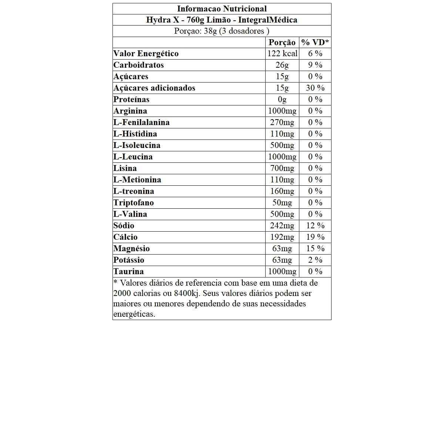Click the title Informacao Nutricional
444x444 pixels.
[222, 9]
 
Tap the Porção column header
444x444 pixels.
[282, 43]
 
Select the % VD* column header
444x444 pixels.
[315, 43]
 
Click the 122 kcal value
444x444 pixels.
[282, 54]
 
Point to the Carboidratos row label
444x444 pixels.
[139, 65]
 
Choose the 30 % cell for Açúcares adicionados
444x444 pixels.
[315, 88]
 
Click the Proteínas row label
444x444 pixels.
[131, 100]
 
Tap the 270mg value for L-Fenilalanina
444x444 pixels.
[282, 122]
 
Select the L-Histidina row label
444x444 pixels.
[135, 134]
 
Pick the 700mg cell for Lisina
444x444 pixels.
[282, 168]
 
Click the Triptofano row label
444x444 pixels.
[134, 203]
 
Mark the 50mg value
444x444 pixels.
[282, 203]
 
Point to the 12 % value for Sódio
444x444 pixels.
[315, 226]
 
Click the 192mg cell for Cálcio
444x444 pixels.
[282, 237]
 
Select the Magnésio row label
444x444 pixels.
[132, 249]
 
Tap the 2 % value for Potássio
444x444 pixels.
[315, 260]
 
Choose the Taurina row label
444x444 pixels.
[129, 272]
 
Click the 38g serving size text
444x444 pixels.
[210, 31]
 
